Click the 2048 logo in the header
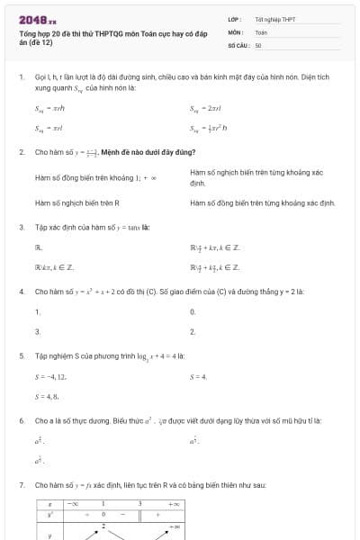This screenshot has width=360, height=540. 37,19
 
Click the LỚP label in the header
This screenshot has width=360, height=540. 234,19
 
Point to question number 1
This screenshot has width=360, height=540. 21,78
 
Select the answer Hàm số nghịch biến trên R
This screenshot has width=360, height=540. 77,203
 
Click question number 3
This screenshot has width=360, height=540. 21,228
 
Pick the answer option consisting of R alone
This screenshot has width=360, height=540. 39,247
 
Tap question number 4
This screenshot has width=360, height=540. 21,292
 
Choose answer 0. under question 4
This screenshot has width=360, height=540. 193,311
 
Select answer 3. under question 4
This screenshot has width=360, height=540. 38,332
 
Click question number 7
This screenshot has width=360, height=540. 21,485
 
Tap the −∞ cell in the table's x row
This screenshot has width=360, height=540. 75,504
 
